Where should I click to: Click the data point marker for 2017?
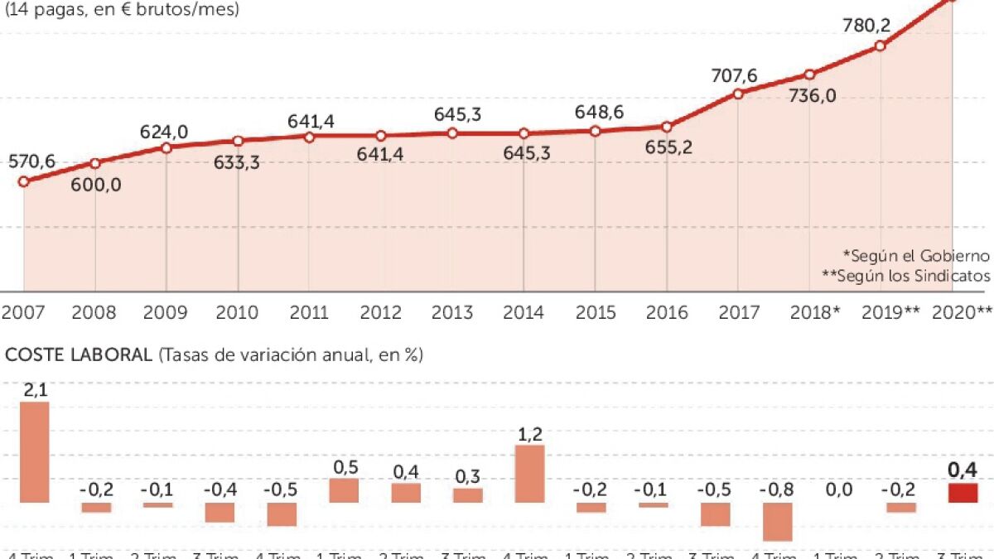click(737, 94)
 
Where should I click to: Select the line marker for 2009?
click(166, 147)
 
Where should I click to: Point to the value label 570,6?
click(32, 162)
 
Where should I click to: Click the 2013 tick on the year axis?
click(452, 312)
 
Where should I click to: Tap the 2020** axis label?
click(962, 312)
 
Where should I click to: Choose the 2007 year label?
click(23, 312)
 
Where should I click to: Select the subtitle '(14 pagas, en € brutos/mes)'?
click(123, 10)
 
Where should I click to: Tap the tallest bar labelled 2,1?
click(35, 452)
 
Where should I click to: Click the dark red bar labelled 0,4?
click(963, 493)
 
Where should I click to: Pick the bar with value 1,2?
click(529, 474)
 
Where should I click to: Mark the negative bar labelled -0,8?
click(777, 521)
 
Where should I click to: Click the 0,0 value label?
click(839, 489)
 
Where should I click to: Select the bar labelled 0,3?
click(467, 495)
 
